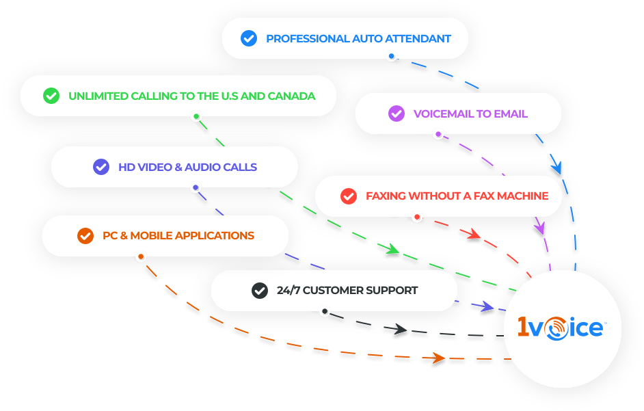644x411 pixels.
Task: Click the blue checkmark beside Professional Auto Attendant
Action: tap(249, 38)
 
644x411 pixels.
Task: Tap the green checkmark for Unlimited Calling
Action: tap(51, 96)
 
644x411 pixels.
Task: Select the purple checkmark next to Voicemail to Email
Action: tap(397, 114)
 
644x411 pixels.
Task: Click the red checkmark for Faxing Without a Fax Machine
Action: tap(349, 196)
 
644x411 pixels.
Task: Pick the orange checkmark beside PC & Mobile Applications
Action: tap(85, 236)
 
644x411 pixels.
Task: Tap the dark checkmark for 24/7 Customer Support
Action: tap(260, 291)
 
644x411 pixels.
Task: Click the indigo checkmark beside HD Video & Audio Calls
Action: tap(101, 167)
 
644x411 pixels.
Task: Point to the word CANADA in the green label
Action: tap(291, 96)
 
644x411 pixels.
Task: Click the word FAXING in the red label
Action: tap(386, 196)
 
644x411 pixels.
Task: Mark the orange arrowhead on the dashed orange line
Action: tap(438, 358)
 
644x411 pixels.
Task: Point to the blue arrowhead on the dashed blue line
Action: tap(556, 168)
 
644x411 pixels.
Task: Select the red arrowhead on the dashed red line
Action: tap(474, 233)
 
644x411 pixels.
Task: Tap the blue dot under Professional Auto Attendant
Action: tap(391, 57)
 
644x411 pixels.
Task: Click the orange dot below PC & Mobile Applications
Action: tap(141, 257)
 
